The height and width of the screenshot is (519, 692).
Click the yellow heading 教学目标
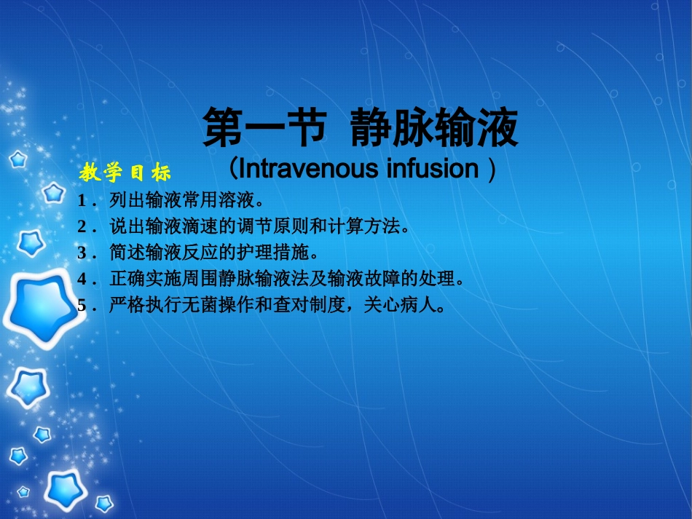[x=125, y=173]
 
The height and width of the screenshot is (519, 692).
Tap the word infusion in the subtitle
[x=433, y=169]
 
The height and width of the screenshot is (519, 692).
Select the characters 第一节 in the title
[x=263, y=129]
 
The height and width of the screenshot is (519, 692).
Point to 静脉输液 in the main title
[x=433, y=129]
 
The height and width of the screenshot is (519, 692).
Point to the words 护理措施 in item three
[x=272, y=253]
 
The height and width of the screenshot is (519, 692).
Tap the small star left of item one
[x=53, y=193]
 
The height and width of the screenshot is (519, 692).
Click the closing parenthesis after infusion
[x=492, y=170]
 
